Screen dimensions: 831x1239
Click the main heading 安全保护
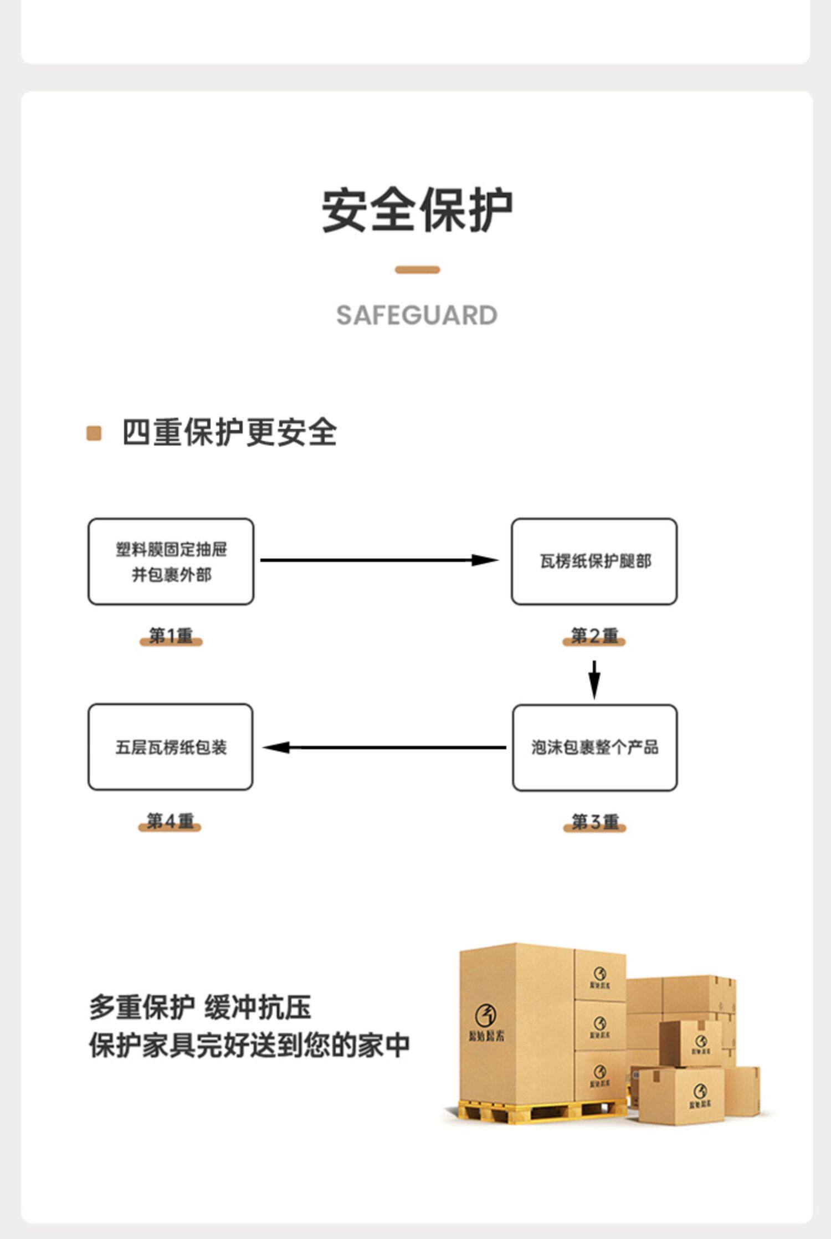pos(417,211)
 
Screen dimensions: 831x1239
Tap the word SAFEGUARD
pos(417,316)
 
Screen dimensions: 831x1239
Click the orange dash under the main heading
pos(417,270)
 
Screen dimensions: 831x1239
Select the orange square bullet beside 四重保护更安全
pos(94,433)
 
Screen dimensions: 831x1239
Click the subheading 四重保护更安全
pos(229,432)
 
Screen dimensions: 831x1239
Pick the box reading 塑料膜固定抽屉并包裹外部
pos(171,561)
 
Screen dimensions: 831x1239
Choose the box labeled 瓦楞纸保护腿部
pos(594,561)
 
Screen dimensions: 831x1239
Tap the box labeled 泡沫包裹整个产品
pos(594,748)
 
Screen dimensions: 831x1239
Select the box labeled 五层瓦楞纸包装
pos(171,747)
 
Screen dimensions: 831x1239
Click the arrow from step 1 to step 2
pos(379,560)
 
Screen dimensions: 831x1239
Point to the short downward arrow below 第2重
pos(594,679)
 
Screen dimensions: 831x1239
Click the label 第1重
pos(171,636)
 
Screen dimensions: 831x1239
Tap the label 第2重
pos(594,636)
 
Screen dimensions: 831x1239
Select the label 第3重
pos(594,822)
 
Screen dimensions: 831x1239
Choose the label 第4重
pos(170,821)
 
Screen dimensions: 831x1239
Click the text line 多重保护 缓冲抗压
pos(200,1007)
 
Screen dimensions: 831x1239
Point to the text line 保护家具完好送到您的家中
pos(249,1046)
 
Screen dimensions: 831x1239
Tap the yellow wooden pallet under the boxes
pos(540,1110)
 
